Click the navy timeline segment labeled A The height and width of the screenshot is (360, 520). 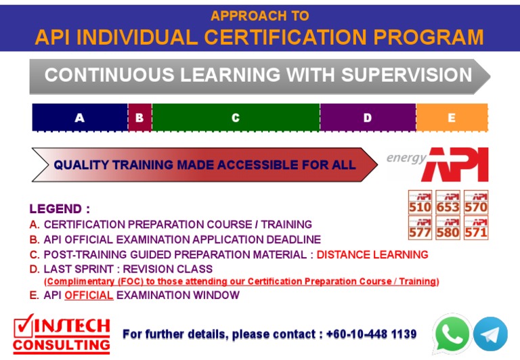80,118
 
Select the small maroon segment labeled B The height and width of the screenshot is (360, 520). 139,118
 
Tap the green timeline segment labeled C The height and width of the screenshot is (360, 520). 236,118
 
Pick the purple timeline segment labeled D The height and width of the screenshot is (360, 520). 368,118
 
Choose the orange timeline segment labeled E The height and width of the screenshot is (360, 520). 452,118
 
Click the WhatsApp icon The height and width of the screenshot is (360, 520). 452,334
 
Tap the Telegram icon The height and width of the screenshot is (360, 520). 490,334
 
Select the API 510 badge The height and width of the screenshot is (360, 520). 420,202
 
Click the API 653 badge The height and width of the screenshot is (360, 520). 448,202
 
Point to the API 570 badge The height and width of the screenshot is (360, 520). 476,202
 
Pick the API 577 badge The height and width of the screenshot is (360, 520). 420,227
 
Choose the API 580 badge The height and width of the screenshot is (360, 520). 448,227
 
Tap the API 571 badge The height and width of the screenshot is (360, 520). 476,227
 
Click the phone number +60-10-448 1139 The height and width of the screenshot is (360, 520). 371,334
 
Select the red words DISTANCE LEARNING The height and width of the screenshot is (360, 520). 372,255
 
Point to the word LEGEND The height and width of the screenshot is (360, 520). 56,209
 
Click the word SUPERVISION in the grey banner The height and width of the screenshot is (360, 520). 406,75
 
